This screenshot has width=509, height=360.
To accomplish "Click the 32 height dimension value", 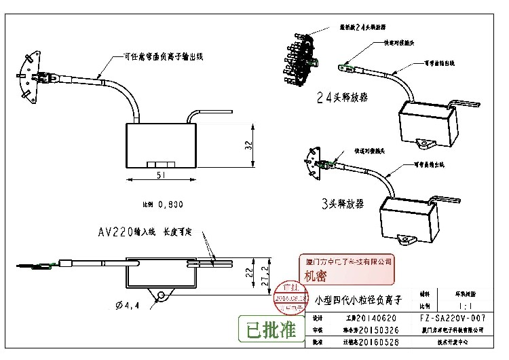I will click(249, 145).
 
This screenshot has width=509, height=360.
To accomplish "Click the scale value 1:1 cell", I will click(453, 306).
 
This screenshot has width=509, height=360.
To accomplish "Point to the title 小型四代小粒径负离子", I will click(359, 299).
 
